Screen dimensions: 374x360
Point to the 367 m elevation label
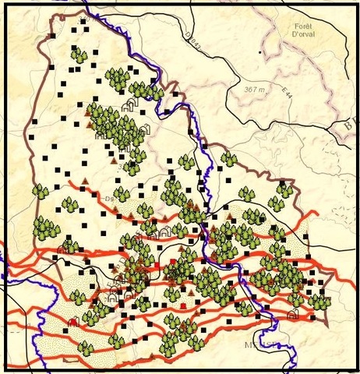(x=256, y=90)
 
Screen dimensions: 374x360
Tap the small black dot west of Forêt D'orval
(x=260, y=52)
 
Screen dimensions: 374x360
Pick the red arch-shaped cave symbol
(x=73, y=321)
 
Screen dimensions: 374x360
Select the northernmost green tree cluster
(x=79, y=55)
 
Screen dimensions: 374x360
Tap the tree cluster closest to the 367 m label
(x=229, y=159)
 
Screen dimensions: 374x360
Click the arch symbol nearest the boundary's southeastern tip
(x=293, y=314)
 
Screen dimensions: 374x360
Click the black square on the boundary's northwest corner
(x=51, y=37)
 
